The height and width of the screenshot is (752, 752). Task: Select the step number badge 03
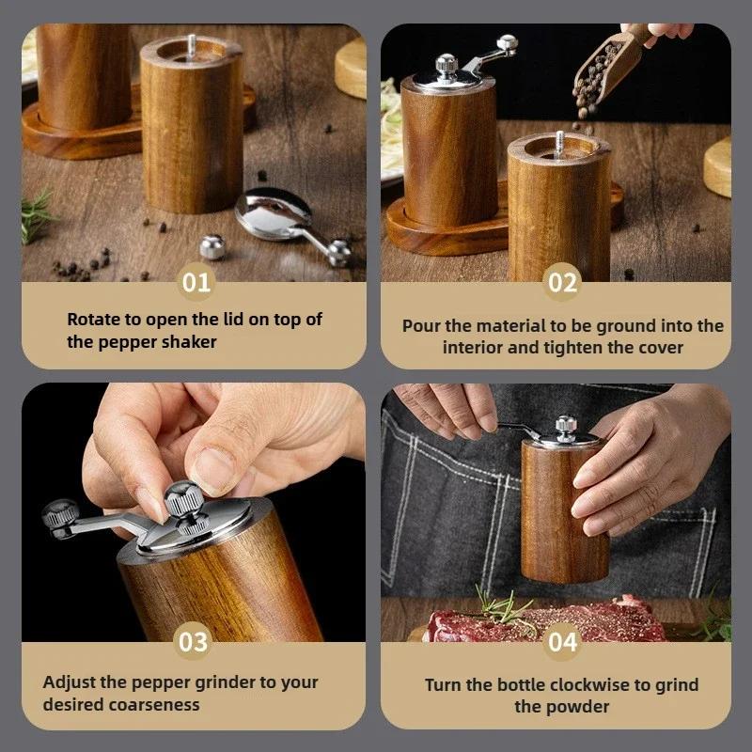tap(193, 642)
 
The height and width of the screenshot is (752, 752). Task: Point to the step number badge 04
tap(562, 642)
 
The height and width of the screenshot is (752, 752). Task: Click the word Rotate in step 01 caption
tap(93, 320)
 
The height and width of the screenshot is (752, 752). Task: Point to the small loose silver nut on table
tap(213, 247)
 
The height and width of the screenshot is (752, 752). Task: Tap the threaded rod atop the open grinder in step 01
tap(192, 44)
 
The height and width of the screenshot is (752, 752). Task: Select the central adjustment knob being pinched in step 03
tap(180, 498)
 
